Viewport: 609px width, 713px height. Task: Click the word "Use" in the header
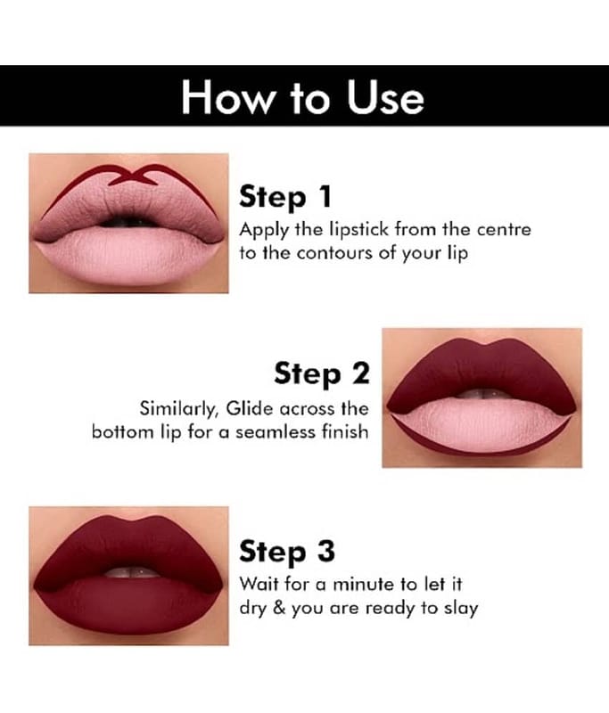[x=385, y=97]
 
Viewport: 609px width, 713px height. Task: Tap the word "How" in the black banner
[x=226, y=97]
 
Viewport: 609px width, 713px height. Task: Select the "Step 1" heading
[x=285, y=196]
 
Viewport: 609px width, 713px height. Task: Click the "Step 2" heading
[x=322, y=373]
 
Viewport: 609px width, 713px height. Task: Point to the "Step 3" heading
[x=287, y=551]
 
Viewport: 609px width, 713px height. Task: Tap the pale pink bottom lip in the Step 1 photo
[x=128, y=256]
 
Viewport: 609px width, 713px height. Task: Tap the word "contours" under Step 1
[x=335, y=253]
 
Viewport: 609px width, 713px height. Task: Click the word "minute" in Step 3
[x=365, y=584]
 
